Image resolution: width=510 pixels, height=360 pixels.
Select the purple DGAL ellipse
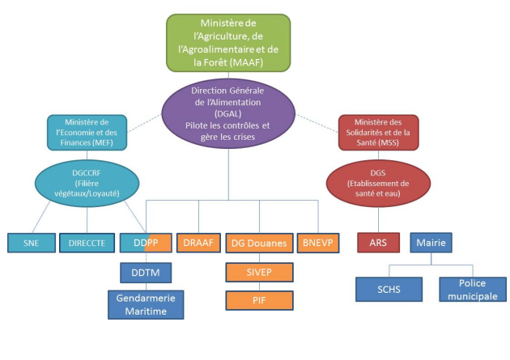point(227,112)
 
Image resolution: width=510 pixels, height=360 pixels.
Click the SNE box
point(32,242)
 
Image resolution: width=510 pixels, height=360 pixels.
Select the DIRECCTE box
point(86,242)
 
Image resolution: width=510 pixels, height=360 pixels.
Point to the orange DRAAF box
point(198,242)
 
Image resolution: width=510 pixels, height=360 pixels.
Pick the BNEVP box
point(318,242)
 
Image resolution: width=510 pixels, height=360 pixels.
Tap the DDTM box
point(146,273)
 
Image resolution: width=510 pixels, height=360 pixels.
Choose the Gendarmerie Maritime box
point(146,303)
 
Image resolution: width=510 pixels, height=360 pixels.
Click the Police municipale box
point(473,289)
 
